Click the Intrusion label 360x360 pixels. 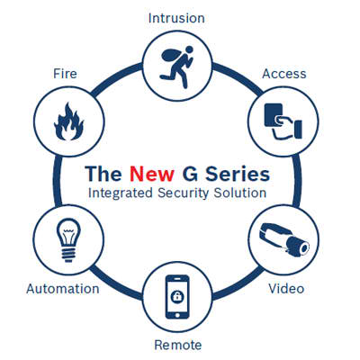tap(176, 18)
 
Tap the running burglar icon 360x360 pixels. tap(176, 67)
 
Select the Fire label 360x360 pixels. tap(65, 74)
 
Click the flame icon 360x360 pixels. tap(68, 121)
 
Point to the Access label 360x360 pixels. tap(284, 74)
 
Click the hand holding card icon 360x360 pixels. tap(283, 121)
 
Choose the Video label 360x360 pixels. tap(286, 289)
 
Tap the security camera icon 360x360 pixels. tap(283, 239)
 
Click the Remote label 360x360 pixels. tap(178, 345)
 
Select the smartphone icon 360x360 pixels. tap(177, 297)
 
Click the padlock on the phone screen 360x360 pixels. tap(177, 296)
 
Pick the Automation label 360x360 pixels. tap(63, 289)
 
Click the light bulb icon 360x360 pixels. tap(68, 240)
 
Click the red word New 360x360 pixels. tap(152, 174)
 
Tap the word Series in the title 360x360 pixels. tap(238, 174)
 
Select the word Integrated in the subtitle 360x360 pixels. tap(121, 193)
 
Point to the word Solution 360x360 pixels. tap(240, 193)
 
